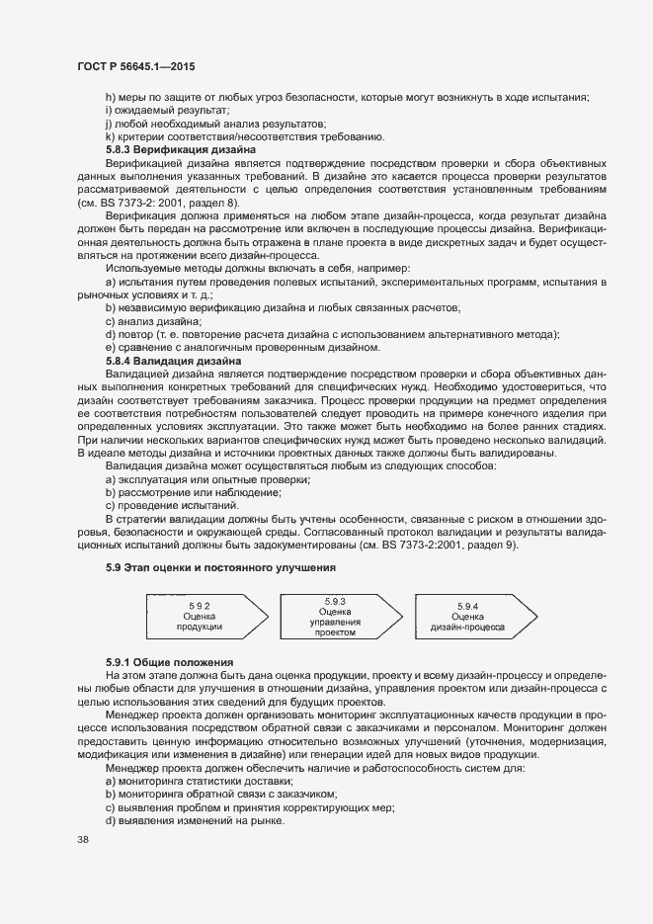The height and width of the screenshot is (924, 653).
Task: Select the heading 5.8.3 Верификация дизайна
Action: (174, 149)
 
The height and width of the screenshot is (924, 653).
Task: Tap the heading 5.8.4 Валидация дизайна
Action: (168, 362)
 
